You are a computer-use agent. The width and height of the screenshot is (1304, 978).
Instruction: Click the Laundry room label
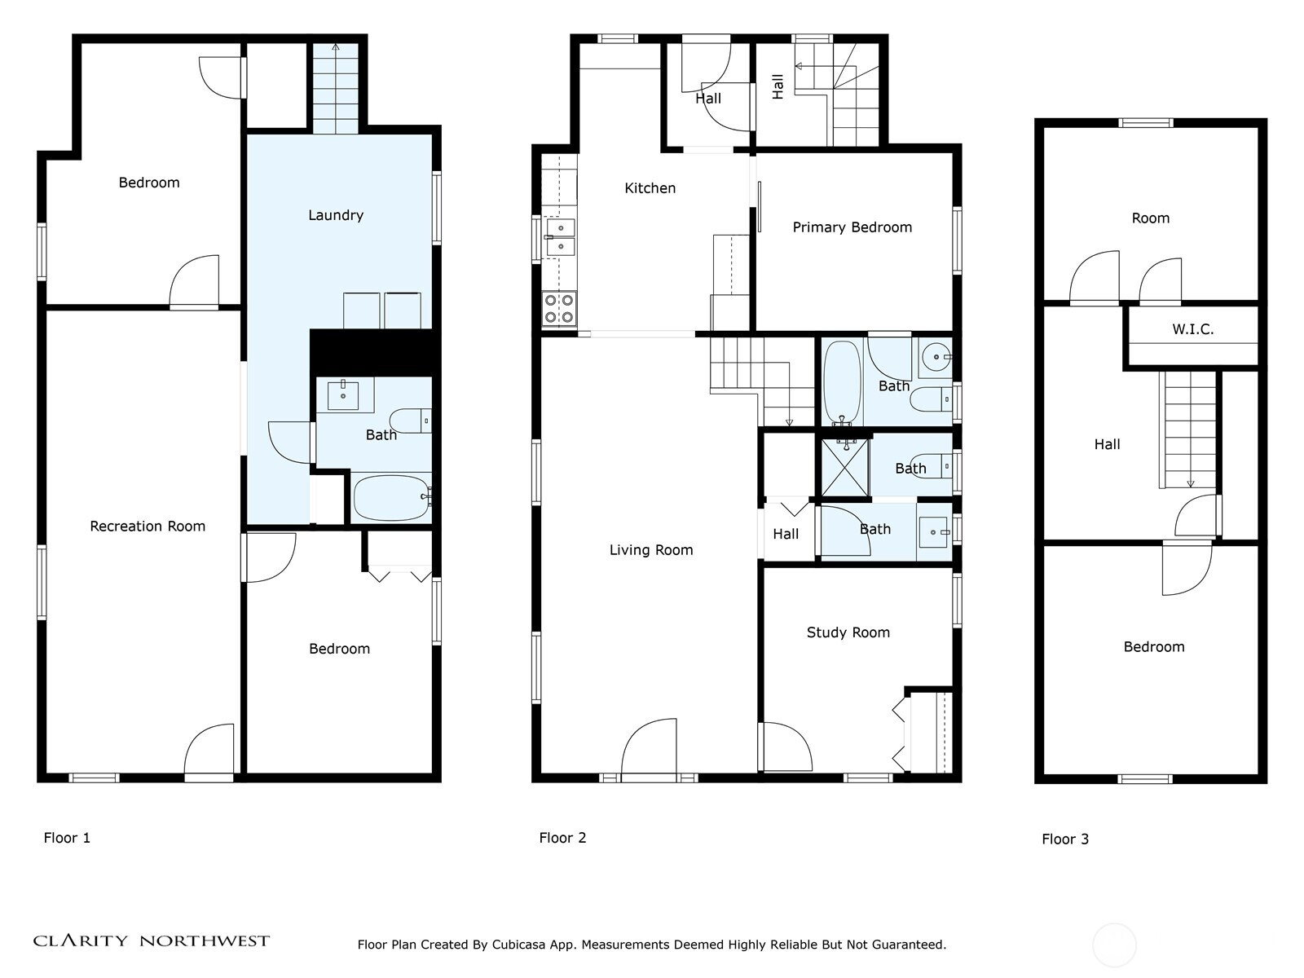[336, 215]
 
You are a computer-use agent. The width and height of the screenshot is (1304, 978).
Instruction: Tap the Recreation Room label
[148, 526]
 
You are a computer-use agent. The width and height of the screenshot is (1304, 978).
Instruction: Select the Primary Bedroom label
[852, 227]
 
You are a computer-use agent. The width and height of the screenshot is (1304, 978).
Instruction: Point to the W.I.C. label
[1192, 329]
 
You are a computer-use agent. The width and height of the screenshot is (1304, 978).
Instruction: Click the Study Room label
[848, 632]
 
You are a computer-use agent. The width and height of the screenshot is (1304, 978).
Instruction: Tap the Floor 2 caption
[562, 838]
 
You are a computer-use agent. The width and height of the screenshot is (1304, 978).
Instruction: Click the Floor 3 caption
[1064, 839]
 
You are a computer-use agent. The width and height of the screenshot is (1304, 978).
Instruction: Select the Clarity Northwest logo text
[152, 941]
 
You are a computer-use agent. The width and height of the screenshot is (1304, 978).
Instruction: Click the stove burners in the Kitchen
[559, 309]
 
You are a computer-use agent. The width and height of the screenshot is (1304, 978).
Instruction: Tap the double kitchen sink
[560, 236]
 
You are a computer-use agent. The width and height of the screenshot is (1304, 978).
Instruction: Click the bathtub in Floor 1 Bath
[391, 497]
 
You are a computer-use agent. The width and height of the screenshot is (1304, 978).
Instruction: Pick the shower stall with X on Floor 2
[845, 467]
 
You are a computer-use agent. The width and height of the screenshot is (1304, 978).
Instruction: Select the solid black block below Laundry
[371, 351]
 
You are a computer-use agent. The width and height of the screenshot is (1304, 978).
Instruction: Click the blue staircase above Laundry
[336, 90]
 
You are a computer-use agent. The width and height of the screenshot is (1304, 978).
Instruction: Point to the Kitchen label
[650, 188]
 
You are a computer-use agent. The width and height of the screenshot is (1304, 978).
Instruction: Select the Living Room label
[651, 550]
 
